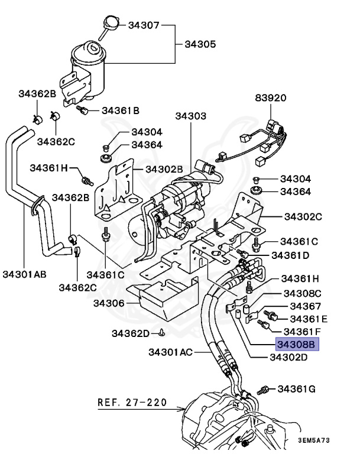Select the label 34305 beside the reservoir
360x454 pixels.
click(200, 44)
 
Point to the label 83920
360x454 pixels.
click(271, 98)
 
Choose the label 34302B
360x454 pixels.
click(164, 170)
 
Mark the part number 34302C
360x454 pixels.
click(302, 217)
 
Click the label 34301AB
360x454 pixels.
click(24, 274)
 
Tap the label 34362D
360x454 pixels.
click(131, 333)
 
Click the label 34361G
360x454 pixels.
click(297, 389)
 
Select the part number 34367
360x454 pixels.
click(305, 306)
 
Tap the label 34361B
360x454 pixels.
click(120, 111)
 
